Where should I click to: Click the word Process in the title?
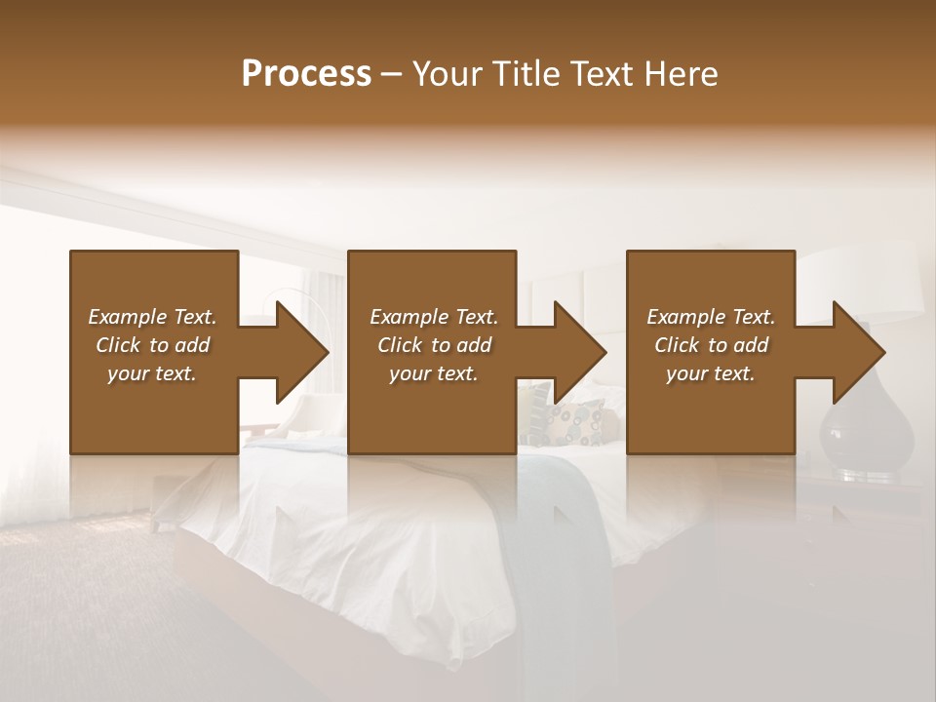click(x=306, y=74)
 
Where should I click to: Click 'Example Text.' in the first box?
click(x=152, y=317)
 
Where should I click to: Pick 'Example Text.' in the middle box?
click(x=434, y=317)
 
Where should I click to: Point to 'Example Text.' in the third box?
click(x=711, y=317)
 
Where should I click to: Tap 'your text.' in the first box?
click(x=152, y=373)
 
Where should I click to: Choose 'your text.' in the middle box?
click(x=434, y=373)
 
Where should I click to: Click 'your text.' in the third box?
click(x=711, y=373)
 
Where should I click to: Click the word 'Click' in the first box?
click(x=118, y=345)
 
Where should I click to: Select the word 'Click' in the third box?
click(x=677, y=345)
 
